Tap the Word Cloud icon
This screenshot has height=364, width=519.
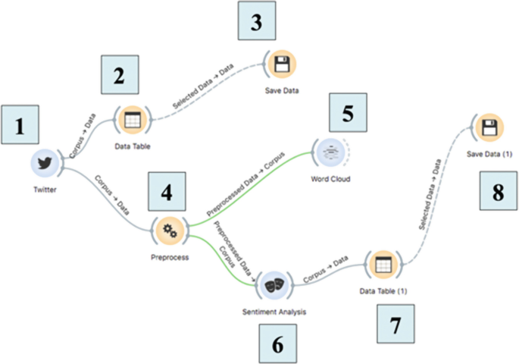coord(331,152)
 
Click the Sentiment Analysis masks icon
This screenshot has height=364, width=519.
coord(273,286)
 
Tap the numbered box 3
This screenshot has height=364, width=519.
coord(259,21)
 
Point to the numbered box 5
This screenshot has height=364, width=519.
coord(347,112)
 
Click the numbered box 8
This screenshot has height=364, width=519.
coord(498,193)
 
